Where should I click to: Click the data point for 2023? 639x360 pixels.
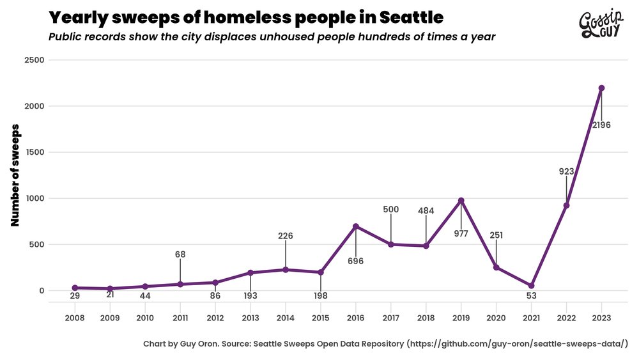(x=601, y=88)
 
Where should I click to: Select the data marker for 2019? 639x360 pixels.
(x=461, y=201)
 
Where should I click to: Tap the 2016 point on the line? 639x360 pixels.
(x=356, y=226)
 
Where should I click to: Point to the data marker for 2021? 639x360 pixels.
(x=531, y=286)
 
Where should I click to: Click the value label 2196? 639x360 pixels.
(x=601, y=125)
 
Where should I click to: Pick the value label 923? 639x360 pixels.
(x=566, y=171)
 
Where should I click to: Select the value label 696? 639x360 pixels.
(x=356, y=261)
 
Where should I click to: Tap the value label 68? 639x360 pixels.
(x=180, y=254)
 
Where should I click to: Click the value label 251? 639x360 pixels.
(x=496, y=235)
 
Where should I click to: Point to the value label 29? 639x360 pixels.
(x=75, y=295)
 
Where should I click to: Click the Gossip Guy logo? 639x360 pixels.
(x=601, y=25)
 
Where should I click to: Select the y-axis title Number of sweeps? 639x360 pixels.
(x=16, y=175)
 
